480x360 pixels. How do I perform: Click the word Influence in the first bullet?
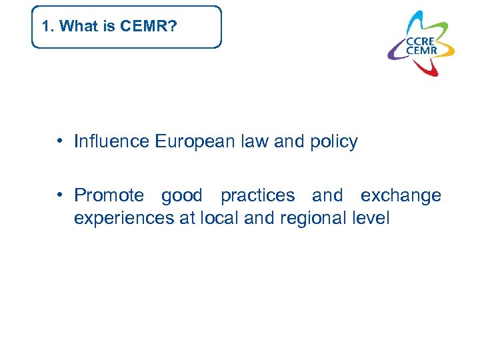(112, 141)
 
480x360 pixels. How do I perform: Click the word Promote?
(109, 195)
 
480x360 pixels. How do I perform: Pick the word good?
(181, 195)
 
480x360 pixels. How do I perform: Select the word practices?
(257, 195)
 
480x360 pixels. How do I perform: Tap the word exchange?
(401, 195)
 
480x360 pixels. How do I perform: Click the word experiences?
(124, 218)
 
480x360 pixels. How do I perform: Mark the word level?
(371, 217)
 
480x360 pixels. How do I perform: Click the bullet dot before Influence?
(60, 141)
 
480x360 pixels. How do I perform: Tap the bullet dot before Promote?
(60, 195)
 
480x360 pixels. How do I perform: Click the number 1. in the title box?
(47, 27)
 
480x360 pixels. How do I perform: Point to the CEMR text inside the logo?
(421, 51)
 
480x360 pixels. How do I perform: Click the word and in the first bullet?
(289, 141)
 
